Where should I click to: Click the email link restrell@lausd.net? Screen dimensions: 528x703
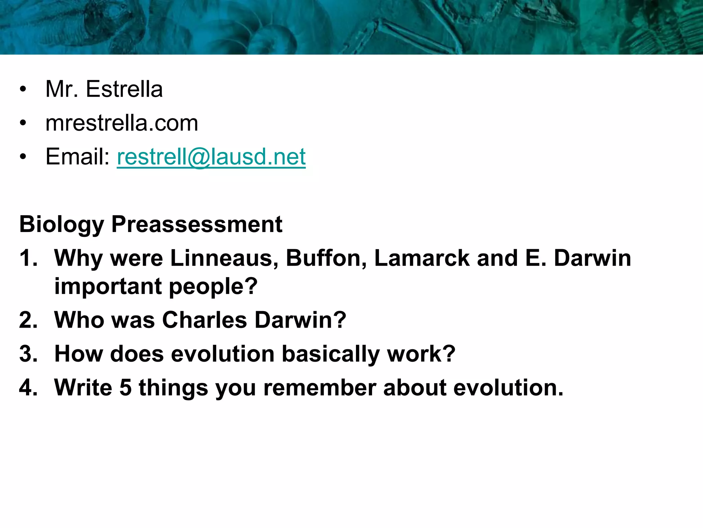211,157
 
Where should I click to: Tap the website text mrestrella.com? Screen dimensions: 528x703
122,123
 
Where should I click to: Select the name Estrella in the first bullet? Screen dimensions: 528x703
124,89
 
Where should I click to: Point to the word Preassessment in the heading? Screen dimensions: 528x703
197,224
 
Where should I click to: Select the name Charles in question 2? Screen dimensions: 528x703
204,320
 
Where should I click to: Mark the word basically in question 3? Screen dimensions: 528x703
331,354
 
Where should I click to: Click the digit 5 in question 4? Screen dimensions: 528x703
126,388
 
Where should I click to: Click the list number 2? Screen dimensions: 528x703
28,320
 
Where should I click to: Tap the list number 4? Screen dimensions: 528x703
28,388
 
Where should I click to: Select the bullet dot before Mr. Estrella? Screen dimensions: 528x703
23,90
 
